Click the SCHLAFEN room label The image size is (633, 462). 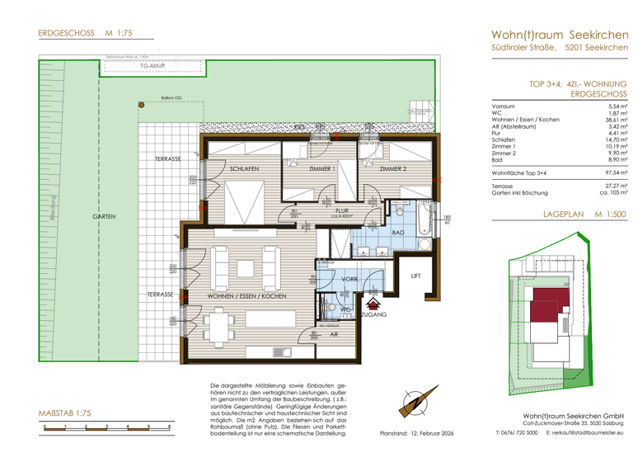click(245, 169)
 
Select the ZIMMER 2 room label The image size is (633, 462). click(393, 169)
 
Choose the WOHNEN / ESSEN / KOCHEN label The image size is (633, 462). click(246, 295)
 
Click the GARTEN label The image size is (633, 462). click(104, 215)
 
